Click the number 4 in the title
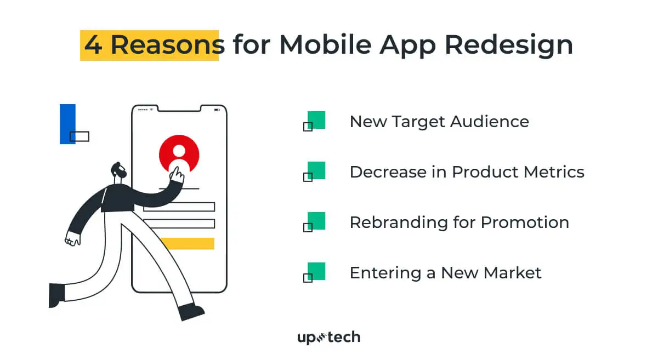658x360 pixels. click(93, 44)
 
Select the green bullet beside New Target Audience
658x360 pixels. click(316, 120)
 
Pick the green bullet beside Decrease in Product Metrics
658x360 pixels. click(316, 170)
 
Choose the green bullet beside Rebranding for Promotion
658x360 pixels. click(316, 221)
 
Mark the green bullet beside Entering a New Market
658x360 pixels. click(316, 271)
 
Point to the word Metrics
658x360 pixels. click(554, 172)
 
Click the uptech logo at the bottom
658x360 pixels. click(328, 337)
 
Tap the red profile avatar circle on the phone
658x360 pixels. click(179, 152)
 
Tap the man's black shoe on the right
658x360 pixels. click(191, 312)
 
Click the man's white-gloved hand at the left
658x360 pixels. click(72, 238)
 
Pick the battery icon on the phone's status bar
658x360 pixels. click(217, 110)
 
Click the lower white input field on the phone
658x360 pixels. click(179, 224)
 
